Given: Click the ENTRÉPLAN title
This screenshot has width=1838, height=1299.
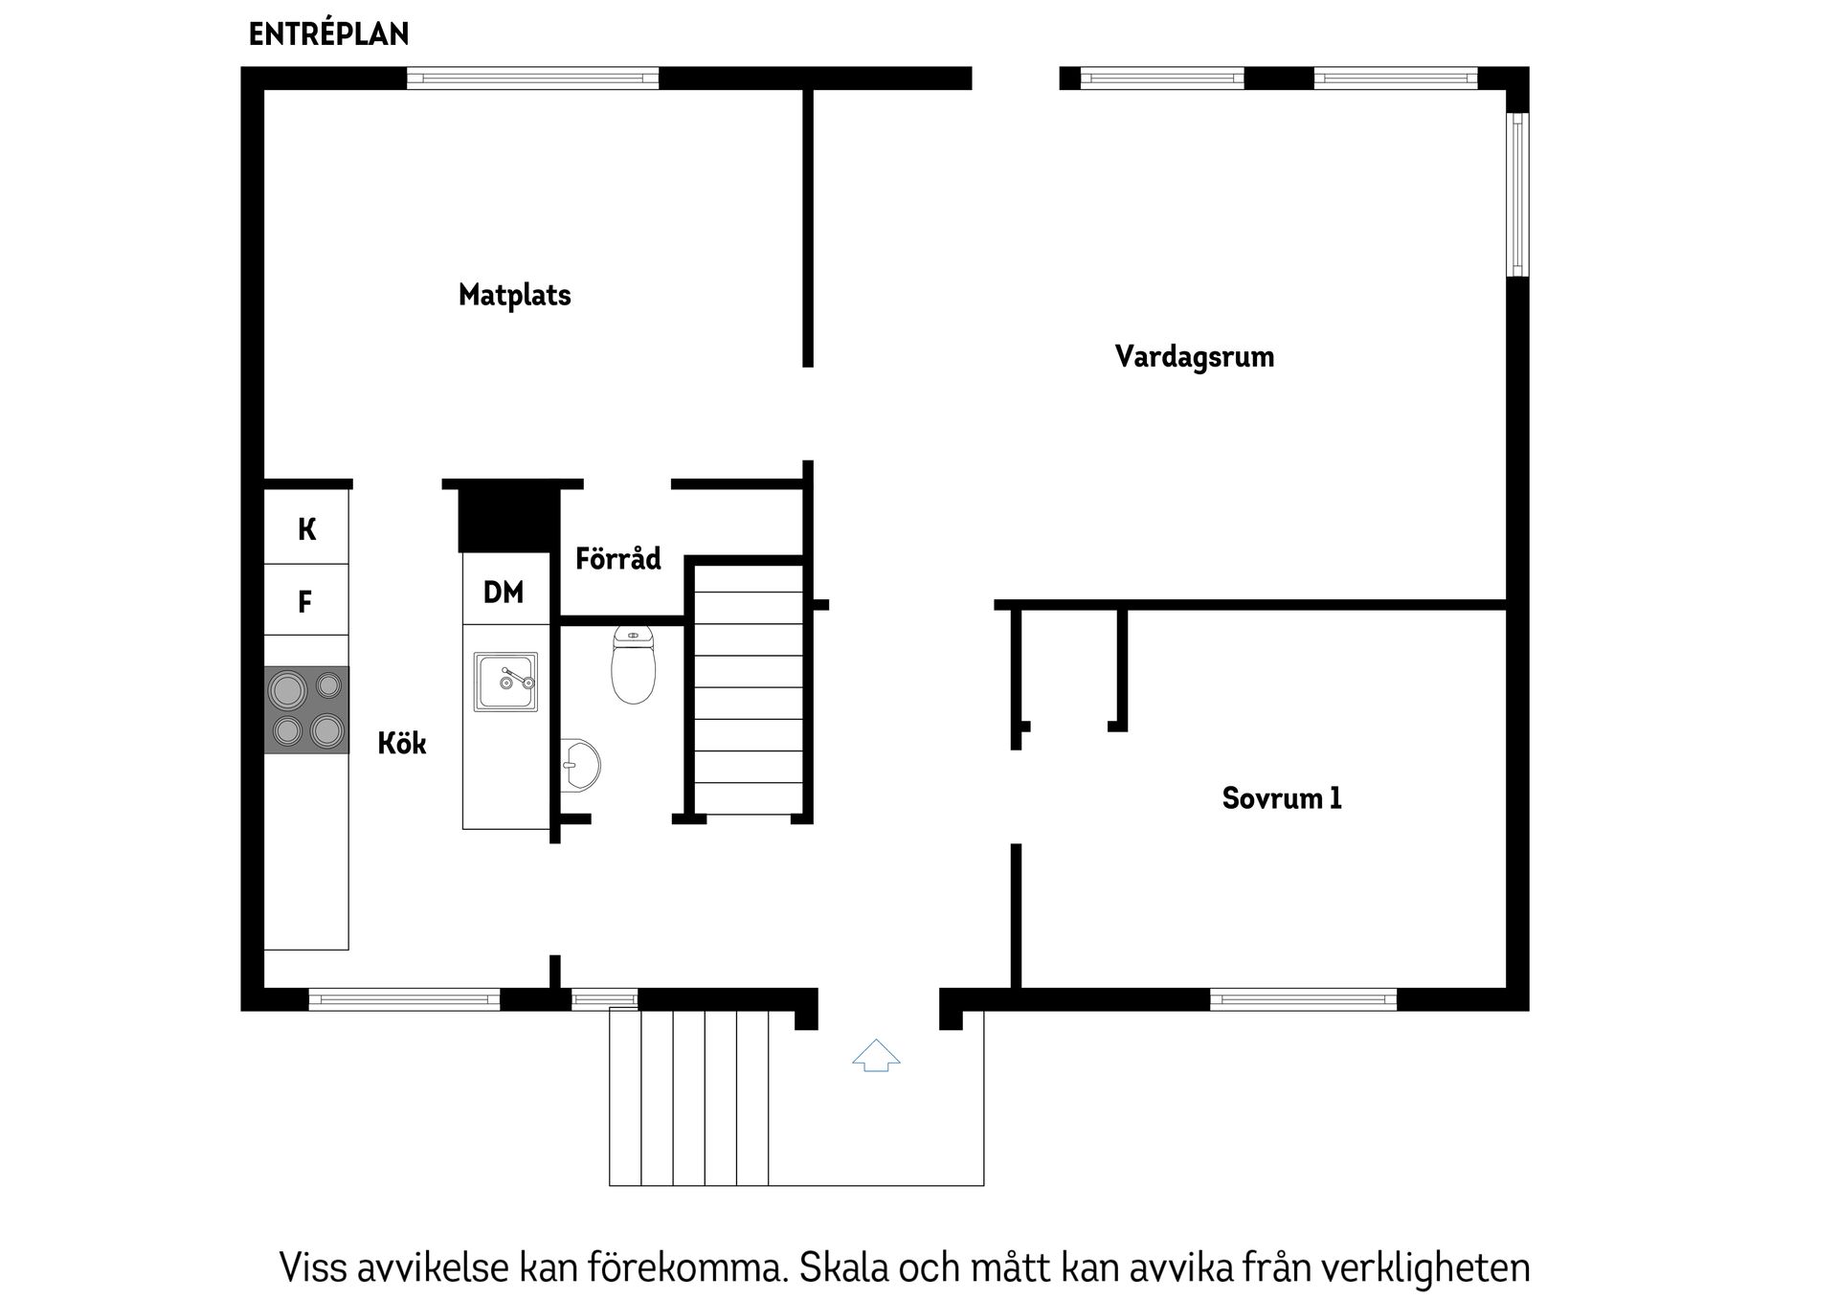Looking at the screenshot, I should [x=328, y=34].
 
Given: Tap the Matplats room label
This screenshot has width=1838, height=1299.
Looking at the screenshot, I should [x=514, y=295].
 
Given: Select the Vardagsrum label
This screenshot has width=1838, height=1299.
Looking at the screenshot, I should [x=1194, y=357].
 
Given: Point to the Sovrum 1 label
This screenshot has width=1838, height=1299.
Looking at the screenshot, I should [x=1281, y=798].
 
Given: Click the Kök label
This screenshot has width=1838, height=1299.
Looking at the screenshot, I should [x=401, y=744].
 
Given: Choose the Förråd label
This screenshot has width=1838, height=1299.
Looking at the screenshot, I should [x=617, y=559].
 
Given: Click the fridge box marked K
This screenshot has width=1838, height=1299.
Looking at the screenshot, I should [x=306, y=528].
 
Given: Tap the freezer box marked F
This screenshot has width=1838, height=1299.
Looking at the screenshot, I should [x=305, y=602].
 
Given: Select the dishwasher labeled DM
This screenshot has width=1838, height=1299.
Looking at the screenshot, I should [x=504, y=593].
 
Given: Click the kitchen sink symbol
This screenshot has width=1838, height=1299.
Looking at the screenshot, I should [x=505, y=682].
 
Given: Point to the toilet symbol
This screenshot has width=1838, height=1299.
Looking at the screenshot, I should [x=633, y=665].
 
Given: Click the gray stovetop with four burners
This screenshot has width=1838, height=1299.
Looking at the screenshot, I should [x=306, y=709].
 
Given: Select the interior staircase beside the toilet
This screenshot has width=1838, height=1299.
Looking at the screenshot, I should [x=748, y=689].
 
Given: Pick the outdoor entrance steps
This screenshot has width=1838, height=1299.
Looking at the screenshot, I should [x=689, y=1096].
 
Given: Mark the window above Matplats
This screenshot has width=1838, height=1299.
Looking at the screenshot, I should [x=532, y=78].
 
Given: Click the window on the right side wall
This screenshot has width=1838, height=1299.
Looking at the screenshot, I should [x=1517, y=194].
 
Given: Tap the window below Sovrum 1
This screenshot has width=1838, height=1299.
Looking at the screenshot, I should [x=1303, y=1000].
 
